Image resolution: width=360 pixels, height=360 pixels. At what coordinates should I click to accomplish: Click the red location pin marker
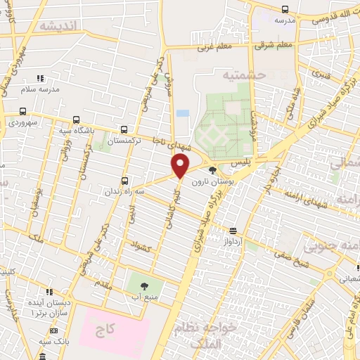coord(181,167)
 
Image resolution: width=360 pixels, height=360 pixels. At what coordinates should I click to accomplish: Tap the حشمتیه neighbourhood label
coord(242,74)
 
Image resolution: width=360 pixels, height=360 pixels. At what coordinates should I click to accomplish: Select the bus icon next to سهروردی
coord(23,111)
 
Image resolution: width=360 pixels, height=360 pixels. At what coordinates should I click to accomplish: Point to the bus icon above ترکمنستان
coord(124,129)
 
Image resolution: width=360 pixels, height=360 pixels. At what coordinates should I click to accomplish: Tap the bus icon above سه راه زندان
coord(124,181)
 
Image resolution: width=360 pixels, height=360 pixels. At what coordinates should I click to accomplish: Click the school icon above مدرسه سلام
coord(40,78)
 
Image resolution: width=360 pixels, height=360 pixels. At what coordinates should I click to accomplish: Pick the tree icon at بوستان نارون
coord(213,170)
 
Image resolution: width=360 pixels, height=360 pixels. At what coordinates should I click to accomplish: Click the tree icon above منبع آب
coord(144,286)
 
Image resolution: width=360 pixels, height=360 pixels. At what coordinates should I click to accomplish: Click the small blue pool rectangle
coord(183,112)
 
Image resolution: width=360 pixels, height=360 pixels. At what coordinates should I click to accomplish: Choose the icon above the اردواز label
coord(233,230)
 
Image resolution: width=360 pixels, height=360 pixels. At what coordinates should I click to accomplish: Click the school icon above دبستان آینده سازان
coord(47,291)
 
